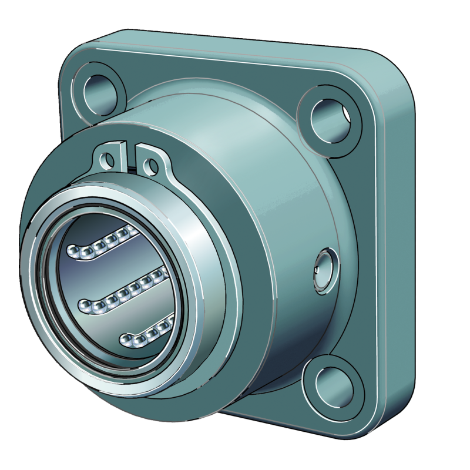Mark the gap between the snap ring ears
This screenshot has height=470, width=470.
tap(131, 154)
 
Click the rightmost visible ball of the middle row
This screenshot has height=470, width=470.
tap(157, 274)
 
